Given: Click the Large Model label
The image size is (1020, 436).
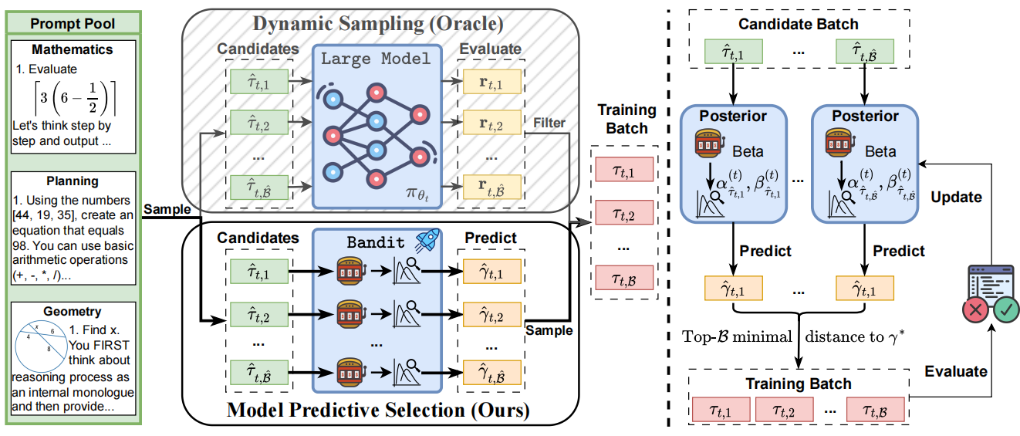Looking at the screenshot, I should (x=377, y=59).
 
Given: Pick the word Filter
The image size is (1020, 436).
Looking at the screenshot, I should (x=549, y=122).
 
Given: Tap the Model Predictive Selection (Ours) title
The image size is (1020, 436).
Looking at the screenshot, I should (x=378, y=411).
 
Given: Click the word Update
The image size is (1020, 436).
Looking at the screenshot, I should (x=956, y=197).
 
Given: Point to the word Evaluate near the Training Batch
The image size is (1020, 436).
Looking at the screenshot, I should (x=956, y=371).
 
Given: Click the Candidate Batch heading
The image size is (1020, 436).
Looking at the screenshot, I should (x=799, y=24).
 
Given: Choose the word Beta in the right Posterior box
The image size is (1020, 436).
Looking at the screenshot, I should (x=880, y=152).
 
